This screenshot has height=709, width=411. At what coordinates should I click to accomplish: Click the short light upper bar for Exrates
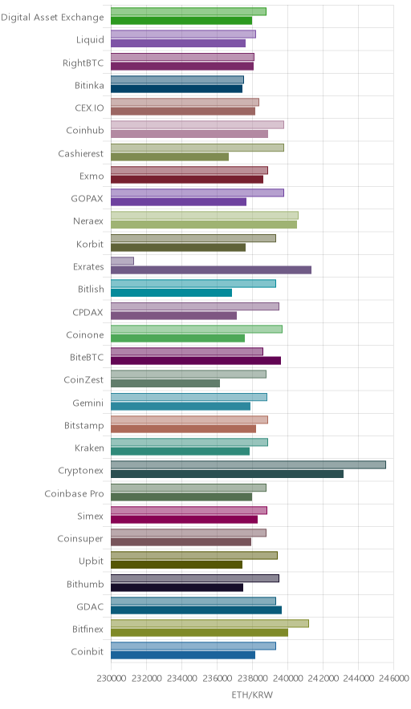tap(122, 261)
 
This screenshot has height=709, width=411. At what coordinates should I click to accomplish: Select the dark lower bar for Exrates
tap(211, 270)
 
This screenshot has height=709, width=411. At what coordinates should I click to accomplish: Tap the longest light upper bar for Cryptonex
tap(249, 465)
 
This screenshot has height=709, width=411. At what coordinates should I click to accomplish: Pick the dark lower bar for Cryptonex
tap(227, 474)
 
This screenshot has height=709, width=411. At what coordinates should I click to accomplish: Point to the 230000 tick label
tap(112, 679)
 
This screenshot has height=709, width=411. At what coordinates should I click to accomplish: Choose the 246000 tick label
tap(393, 679)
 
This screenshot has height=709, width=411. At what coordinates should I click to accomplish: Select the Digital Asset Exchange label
tap(52, 17)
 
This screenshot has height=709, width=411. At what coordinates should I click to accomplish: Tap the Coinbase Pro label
tap(74, 493)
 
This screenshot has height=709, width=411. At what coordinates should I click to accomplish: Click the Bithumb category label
tap(85, 584)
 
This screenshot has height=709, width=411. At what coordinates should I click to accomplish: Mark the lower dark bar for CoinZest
tap(165, 383)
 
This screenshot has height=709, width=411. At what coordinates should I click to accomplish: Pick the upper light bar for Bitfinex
tap(210, 623)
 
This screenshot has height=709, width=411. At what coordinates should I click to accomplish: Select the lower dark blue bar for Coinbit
tap(183, 655)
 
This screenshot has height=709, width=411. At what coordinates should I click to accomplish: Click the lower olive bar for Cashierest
tap(169, 157)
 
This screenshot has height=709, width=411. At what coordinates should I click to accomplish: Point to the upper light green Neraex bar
tap(205, 216)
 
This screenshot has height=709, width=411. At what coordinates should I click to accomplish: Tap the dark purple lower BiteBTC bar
tap(196, 360)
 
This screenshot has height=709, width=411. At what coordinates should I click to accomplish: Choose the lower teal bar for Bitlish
tap(172, 293)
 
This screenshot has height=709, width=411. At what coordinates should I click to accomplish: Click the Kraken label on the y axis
tap(89, 448)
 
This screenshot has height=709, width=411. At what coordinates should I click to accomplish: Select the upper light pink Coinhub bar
tap(197, 125)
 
